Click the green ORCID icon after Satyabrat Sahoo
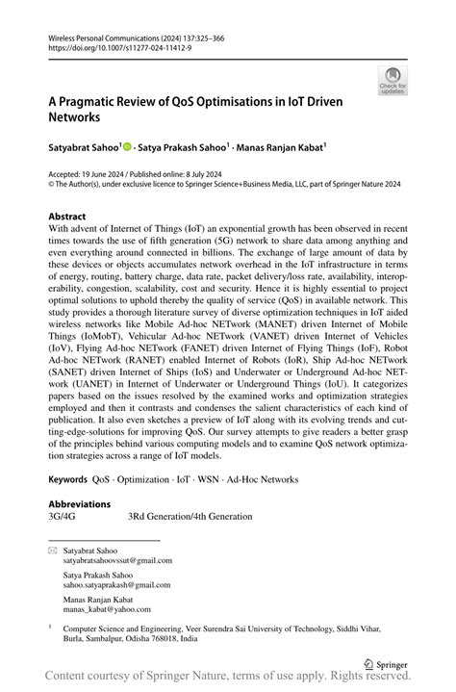(x=128, y=147)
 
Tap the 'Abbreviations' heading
(x=79, y=503)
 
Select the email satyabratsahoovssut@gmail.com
(x=117, y=559)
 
